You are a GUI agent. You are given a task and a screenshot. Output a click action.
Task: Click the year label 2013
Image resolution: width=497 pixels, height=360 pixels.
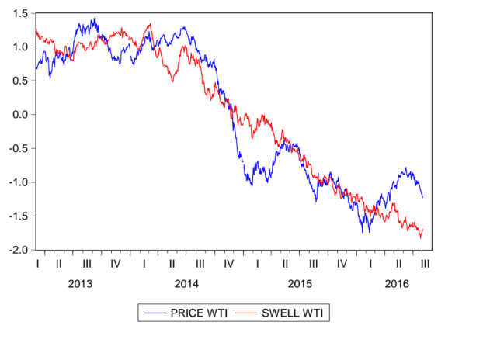(x=80, y=284)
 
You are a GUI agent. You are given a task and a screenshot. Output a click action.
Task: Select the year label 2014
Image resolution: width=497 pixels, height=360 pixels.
(x=186, y=284)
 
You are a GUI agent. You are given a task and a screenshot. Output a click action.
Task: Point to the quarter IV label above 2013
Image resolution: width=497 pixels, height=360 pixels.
(x=115, y=264)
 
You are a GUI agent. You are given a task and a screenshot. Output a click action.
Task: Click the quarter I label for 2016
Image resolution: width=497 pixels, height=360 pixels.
(x=370, y=264)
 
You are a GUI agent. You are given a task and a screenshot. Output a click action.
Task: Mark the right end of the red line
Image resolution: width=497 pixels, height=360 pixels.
(x=423, y=230)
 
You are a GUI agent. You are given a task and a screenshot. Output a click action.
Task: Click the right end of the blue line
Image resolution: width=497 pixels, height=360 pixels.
(x=423, y=197)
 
